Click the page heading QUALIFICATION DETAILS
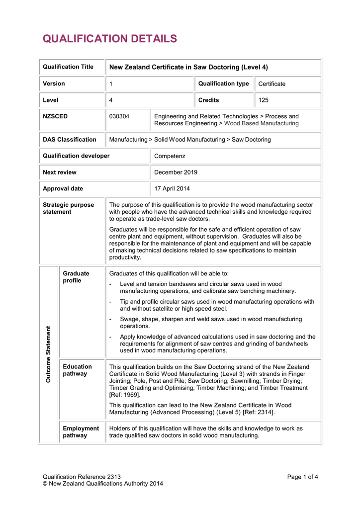(110, 39)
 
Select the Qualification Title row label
(68, 67)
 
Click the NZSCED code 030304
(119, 116)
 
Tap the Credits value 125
(264, 100)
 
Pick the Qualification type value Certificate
(272, 84)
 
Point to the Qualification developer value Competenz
(170, 156)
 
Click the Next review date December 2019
(176, 172)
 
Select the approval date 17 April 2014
(172, 189)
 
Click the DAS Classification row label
(70, 140)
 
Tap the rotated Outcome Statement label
(49, 354)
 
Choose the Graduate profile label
(76, 277)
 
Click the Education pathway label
(77, 370)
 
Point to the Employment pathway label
(81, 432)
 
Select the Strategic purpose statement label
(68, 208)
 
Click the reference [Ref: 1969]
(125, 395)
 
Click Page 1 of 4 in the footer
(302, 477)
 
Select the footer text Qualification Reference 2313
(82, 477)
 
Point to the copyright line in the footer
(103, 484)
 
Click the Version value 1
(111, 84)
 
